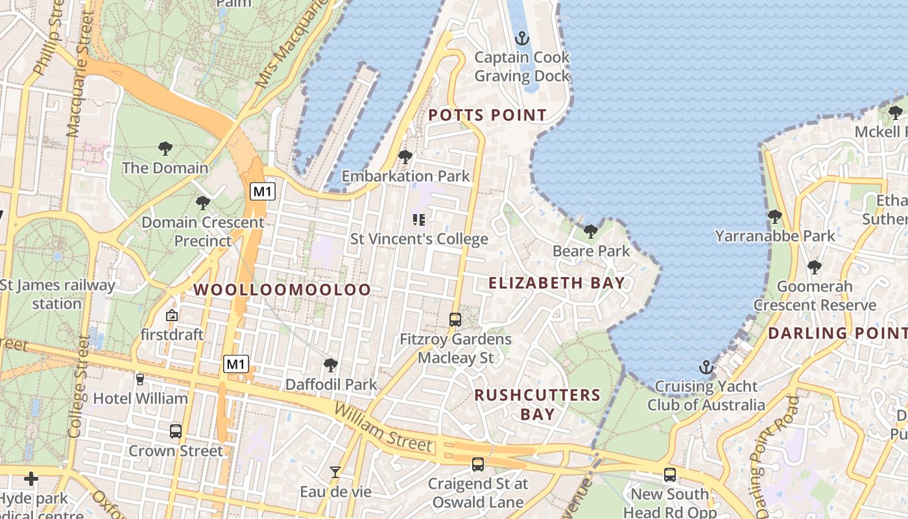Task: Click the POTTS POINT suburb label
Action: [488, 115]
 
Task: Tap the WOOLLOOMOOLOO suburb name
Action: [283, 290]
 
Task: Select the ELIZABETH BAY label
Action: [556, 283]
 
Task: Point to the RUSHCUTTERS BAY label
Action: [538, 404]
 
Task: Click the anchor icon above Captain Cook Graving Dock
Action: [521, 39]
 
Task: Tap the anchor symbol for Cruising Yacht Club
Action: [706, 368]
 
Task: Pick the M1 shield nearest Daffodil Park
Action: [236, 364]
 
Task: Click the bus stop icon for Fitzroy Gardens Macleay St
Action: [455, 319]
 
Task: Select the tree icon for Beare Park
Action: [590, 232]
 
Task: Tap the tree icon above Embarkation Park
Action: [405, 156]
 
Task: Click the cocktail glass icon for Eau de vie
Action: [335, 472]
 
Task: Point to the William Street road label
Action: [383, 427]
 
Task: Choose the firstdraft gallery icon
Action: [172, 316]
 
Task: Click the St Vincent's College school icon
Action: [419, 220]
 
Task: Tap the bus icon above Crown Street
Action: [175, 431]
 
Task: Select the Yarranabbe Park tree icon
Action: [774, 216]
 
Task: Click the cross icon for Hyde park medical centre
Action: [30, 479]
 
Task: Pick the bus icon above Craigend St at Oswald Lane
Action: [478, 465]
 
